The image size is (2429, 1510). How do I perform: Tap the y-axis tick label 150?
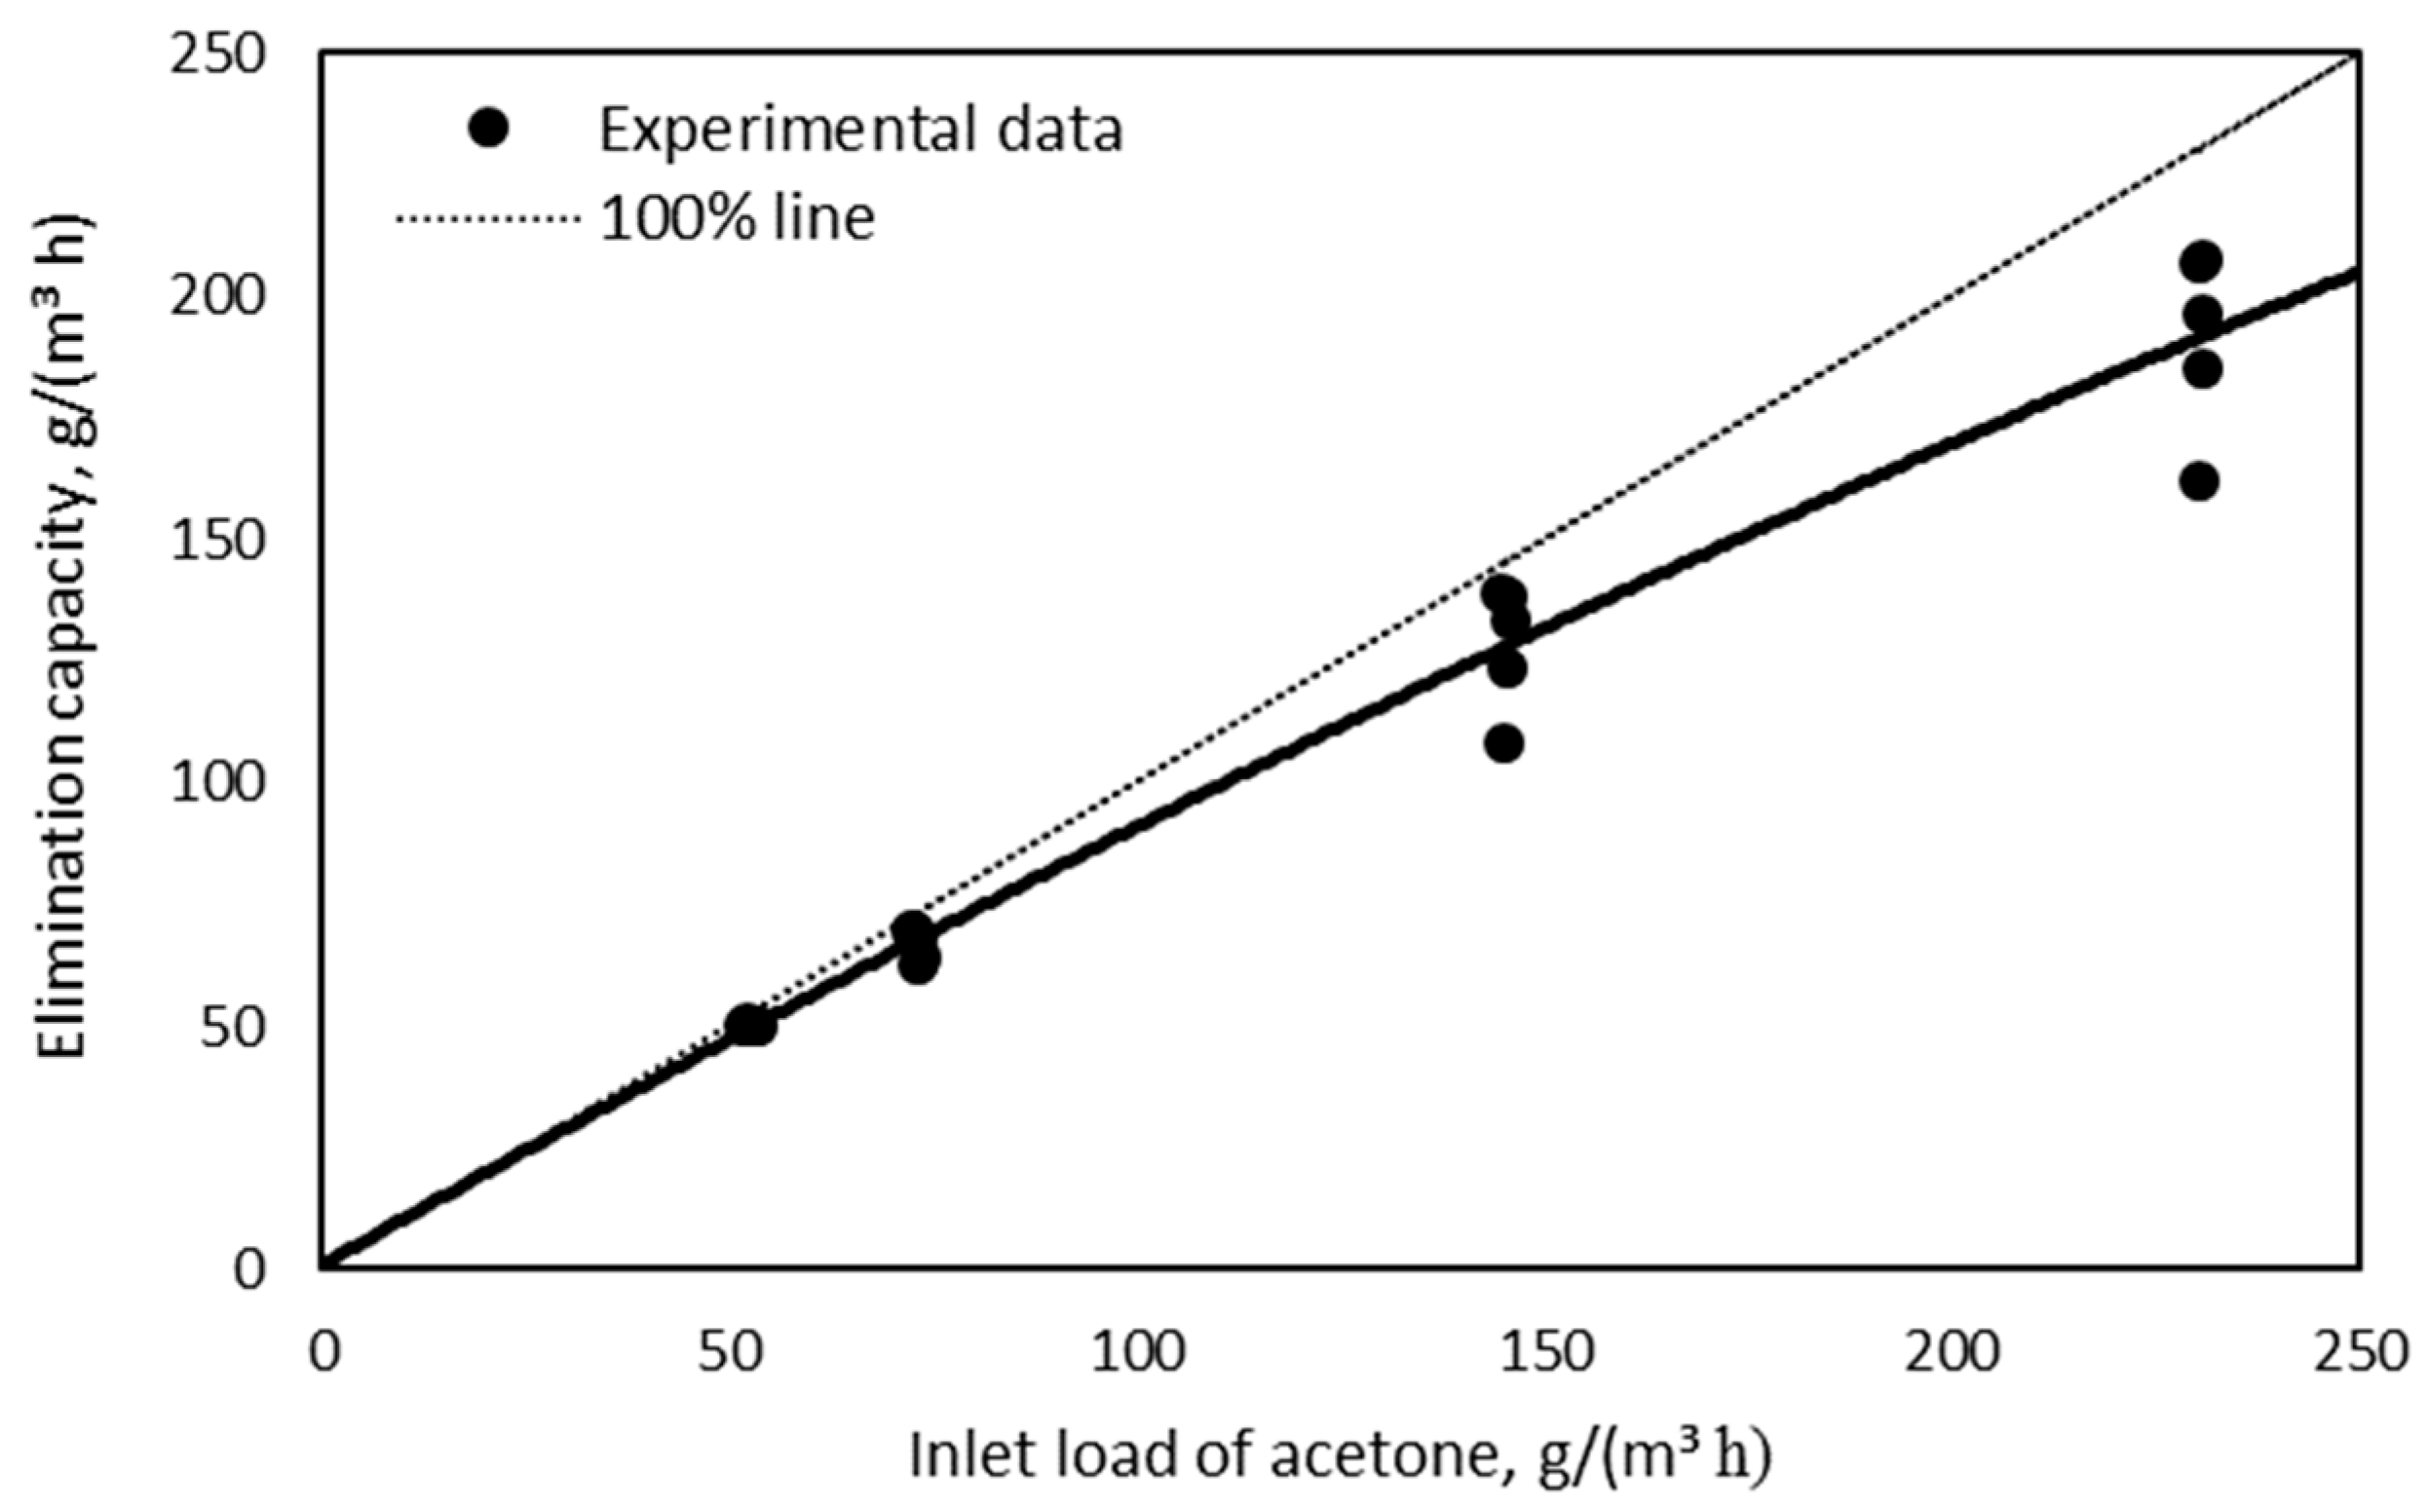coord(218,541)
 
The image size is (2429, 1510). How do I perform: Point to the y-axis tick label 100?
coord(218,783)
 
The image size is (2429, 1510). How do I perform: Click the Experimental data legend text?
coord(861,130)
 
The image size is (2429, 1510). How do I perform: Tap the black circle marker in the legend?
coord(488,128)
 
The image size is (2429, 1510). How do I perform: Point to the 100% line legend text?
coord(738,216)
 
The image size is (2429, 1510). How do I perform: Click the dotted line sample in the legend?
coord(487,217)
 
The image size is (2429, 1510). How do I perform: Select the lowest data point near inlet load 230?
coord(2199,481)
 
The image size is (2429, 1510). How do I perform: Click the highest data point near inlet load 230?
coord(2201,262)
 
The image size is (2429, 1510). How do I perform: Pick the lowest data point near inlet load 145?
coord(1504,743)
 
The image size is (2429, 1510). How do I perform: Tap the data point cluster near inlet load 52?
coord(749,1025)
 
